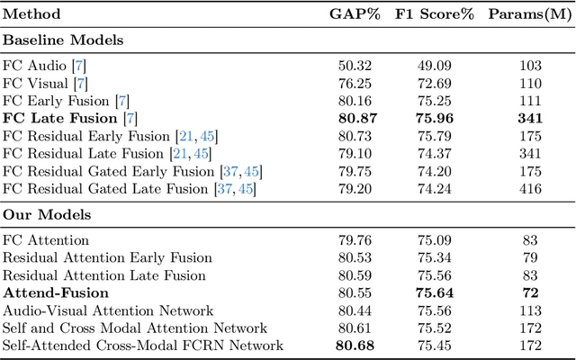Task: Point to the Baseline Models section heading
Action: coord(62,40)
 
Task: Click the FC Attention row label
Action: coord(47,241)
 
